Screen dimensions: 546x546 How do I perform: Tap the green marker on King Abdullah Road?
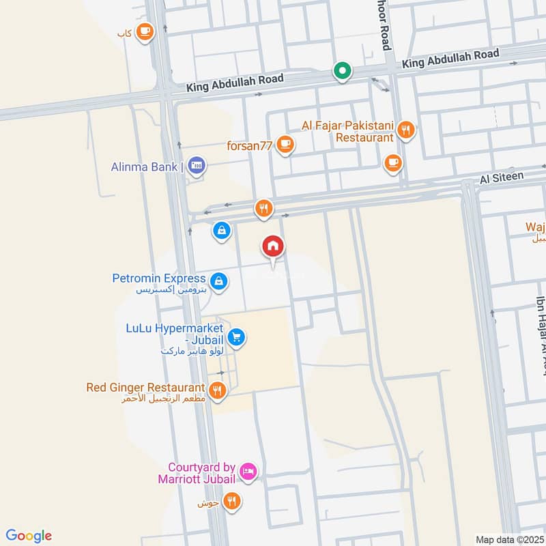tap(342, 70)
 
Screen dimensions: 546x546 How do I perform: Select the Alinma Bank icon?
tap(197, 166)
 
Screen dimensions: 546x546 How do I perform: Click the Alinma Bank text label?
tap(145, 167)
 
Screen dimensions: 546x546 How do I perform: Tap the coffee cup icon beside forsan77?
tap(285, 145)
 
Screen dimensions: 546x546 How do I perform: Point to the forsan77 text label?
tap(250, 145)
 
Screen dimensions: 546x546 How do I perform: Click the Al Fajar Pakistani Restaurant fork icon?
tap(406, 129)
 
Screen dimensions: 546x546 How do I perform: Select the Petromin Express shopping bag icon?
tap(219, 280)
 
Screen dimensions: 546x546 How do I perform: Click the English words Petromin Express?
tap(159, 278)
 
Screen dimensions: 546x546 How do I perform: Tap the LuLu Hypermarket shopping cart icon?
tap(237, 336)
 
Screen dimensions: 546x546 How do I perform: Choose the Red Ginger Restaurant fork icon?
tap(218, 389)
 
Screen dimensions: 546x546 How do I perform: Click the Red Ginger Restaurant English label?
tap(145, 388)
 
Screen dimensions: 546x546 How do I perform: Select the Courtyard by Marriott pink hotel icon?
tap(248, 470)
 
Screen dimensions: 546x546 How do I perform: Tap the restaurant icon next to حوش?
tap(232, 502)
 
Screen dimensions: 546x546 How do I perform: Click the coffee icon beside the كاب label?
tap(145, 31)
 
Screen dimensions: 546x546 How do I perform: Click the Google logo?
tap(29, 536)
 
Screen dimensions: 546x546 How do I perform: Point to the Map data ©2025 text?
tap(508, 540)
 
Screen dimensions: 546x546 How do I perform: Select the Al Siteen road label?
tap(502, 177)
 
